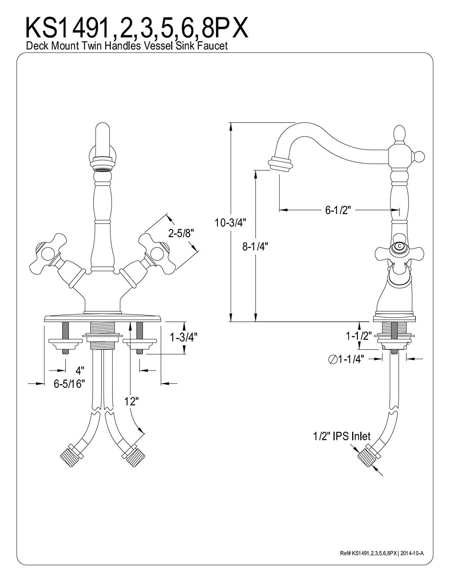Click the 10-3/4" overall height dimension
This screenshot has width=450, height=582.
[230, 222]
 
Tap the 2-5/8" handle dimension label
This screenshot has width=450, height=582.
[181, 234]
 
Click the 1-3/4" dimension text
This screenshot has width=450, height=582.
[184, 338]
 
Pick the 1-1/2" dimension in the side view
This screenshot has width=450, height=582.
[359, 336]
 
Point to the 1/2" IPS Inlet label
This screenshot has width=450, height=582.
[342, 436]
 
